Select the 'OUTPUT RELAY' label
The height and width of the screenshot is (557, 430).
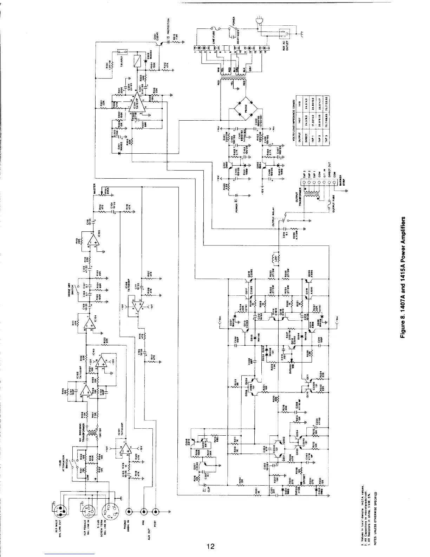click(274, 220)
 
